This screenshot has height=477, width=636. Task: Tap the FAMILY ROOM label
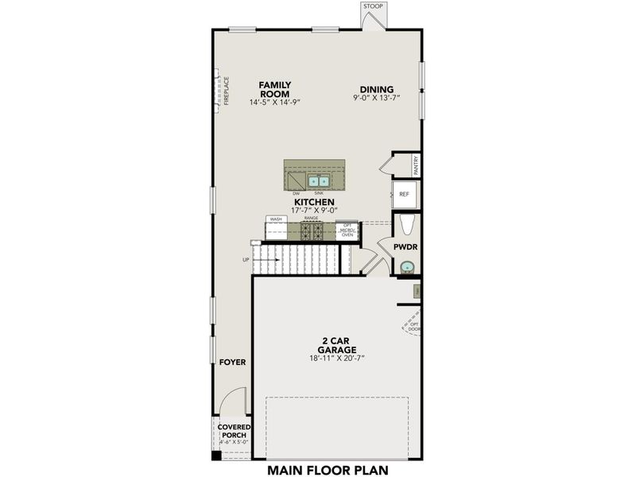click(275, 89)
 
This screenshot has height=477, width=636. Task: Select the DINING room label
click(376, 90)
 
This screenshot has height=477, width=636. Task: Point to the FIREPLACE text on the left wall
click(226, 91)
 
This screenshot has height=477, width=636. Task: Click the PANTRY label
click(416, 165)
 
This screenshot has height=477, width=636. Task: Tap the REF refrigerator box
click(404, 194)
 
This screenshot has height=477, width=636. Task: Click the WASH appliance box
click(276, 229)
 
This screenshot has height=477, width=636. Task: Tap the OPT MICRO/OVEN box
click(347, 230)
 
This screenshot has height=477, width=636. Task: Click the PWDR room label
click(405, 247)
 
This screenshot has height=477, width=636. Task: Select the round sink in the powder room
click(407, 268)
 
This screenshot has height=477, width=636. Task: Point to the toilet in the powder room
click(405, 226)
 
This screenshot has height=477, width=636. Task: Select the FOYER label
click(232, 363)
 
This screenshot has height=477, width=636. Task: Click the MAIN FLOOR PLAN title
click(327, 468)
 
